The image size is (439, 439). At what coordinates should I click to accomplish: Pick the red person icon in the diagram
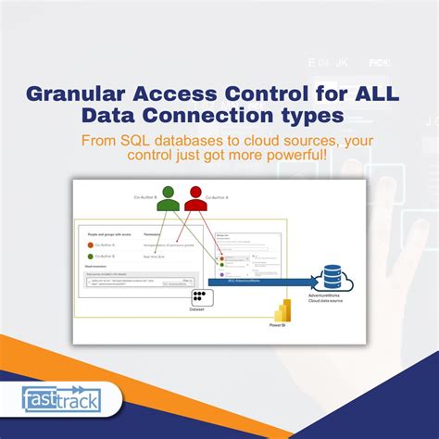pyautogui.click(x=195, y=198)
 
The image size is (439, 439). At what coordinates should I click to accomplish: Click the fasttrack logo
pyautogui.click(x=61, y=399)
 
